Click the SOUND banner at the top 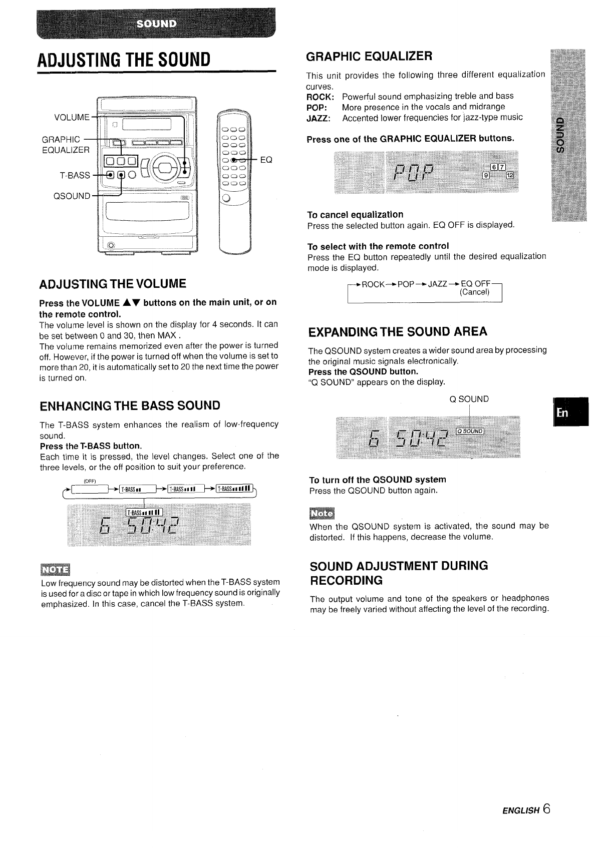click(x=157, y=24)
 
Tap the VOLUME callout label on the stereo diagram click(x=72, y=118)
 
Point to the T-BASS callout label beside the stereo click(x=75, y=175)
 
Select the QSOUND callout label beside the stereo click(x=72, y=196)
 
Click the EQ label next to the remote click(x=266, y=160)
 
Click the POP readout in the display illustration click(x=413, y=176)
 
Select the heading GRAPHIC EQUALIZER click(x=369, y=56)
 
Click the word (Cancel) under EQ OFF click(x=474, y=292)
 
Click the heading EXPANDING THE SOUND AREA click(x=398, y=332)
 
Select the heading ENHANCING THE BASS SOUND click(x=130, y=405)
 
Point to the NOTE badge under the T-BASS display click(x=56, y=570)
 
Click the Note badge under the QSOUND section click(x=324, y=514)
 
